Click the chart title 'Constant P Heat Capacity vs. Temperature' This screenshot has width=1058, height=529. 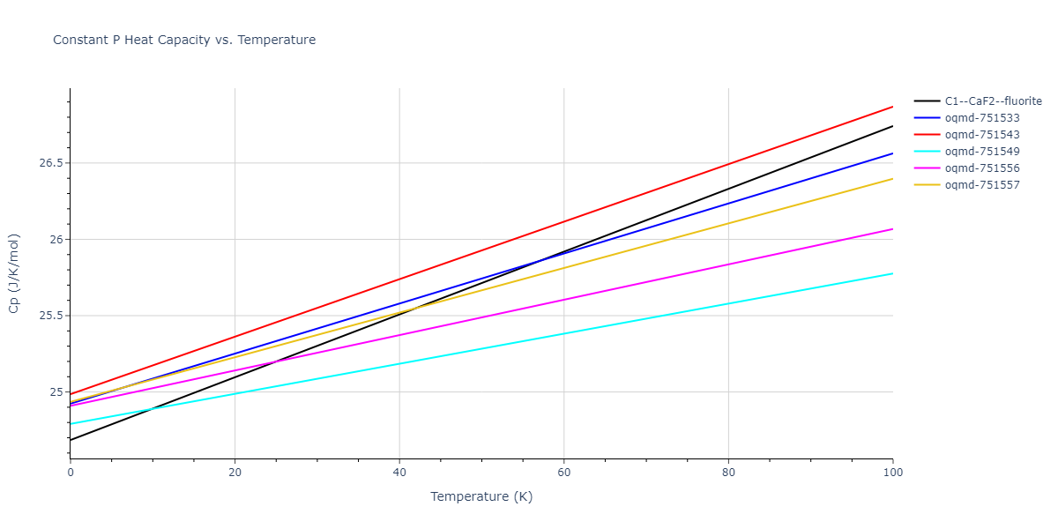(x=184, y=40)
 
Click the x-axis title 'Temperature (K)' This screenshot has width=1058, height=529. (x=481, y=496)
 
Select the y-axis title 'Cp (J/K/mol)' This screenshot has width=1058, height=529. (x=14, y=273)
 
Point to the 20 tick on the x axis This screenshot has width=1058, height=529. (x=235, y=473)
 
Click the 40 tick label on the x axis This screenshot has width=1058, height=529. (x=399, y=473)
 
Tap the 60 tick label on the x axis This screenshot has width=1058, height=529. (x=564, y=473)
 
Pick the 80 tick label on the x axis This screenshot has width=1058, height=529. (x=728, y=473)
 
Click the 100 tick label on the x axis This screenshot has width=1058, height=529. (x=893, y=473)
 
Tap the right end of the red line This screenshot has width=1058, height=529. (x=893, y=107)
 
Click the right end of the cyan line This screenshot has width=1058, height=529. (x=893, y=273)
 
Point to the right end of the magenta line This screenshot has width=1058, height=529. (x=893, y=229)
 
